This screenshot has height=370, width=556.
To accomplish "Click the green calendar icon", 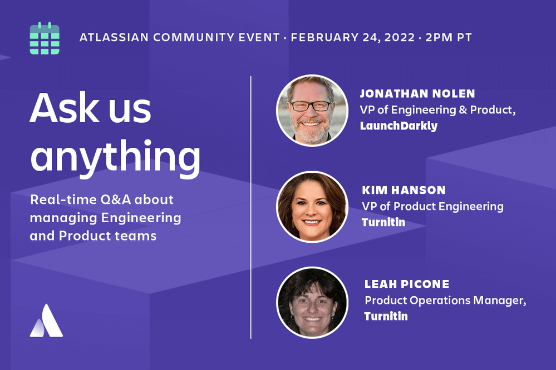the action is click(45, 38).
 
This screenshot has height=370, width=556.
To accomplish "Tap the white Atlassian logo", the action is click(46, 321).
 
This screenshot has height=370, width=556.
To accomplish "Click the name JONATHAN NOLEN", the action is click(417, 93).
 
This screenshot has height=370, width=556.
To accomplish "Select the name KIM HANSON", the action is click(404, 190).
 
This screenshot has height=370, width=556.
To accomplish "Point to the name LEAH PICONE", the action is click(407, 284).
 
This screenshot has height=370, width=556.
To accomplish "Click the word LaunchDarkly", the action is click(398, 126).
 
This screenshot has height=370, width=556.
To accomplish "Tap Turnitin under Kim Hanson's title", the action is click(383, 222).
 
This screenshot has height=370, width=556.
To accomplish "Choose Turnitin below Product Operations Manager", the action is click(386, 316).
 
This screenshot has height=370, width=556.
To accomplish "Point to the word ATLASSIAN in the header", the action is click(114, 37).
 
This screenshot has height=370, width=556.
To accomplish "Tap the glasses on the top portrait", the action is click(311, 106).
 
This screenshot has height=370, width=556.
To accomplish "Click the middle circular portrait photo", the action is click(312, 207).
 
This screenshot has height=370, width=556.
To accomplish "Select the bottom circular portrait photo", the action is click(312, 303).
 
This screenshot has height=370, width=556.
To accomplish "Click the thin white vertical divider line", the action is click(250, 207).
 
